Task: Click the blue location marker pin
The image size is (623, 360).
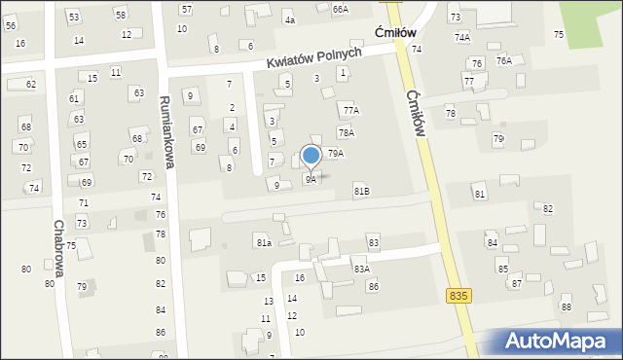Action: point(311,156)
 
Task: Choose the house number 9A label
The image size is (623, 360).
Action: point(311,180)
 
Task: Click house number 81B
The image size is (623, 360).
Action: point(361,191)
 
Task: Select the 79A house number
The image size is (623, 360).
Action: point(335,154)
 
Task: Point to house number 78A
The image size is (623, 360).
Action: point(346,132)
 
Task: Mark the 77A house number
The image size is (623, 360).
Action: point(350,111)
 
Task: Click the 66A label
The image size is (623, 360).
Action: point(340,9)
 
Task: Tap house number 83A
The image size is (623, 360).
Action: point(361,269)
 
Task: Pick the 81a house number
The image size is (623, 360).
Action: point(263,242)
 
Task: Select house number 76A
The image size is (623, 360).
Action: point(503,60)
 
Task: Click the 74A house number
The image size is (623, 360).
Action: point(461,37)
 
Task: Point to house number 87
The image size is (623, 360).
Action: point(516,283)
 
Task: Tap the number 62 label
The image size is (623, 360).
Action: point(30,85)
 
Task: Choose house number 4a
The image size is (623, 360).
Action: point(289,19)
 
